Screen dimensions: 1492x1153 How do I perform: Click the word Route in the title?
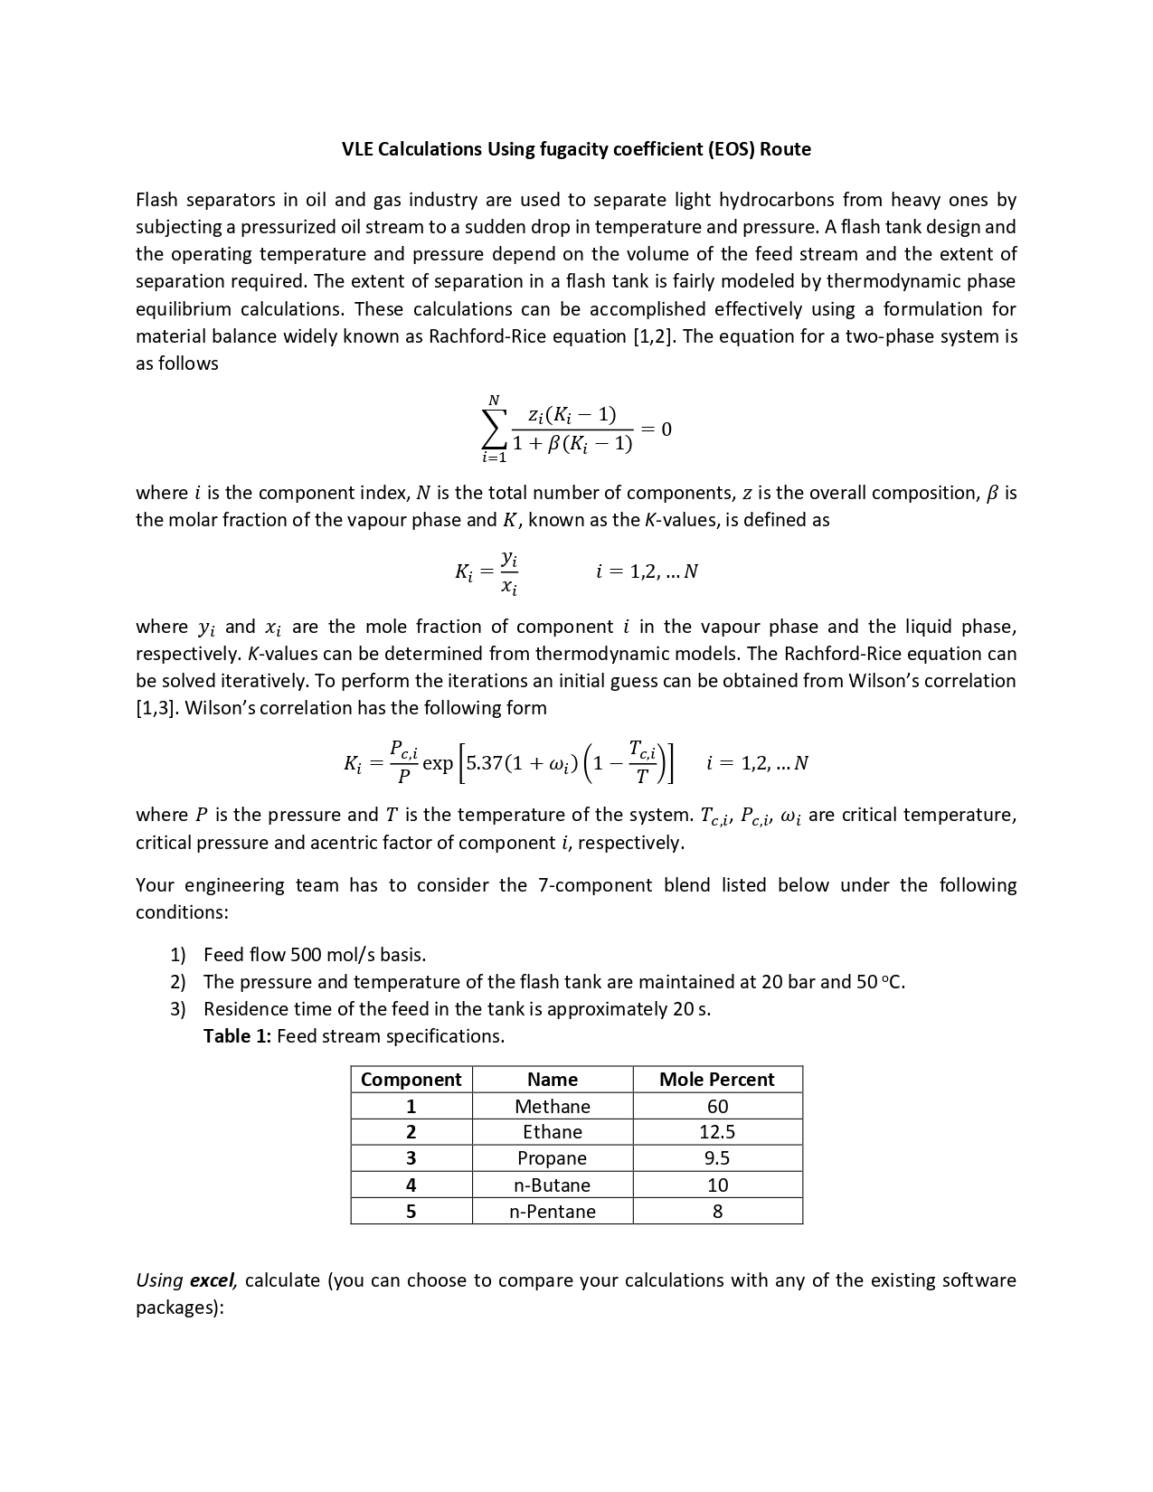[785, 149]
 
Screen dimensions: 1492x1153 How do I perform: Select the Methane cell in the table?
[552, 1106]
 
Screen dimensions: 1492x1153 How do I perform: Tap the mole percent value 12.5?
[717, 1132]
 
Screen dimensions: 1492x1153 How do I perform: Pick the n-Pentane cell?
[552, 1212]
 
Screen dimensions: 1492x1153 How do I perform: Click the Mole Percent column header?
[716, 1080]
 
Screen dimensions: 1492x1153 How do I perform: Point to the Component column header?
[411, 1080]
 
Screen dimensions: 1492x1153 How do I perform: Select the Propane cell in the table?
[552, 1158]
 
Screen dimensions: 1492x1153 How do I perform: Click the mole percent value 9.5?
[717, 1158]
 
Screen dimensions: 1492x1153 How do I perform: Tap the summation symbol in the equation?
[494, 429]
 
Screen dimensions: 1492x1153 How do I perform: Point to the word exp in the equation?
[438, 763]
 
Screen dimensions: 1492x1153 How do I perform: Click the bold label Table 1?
[237, 1036]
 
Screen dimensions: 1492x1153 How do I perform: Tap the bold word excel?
[213, 1280]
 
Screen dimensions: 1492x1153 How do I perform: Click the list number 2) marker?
[178, 982]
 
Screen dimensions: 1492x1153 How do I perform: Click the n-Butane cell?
[552, 1185]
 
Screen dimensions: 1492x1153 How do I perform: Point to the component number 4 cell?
[411, 1185]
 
